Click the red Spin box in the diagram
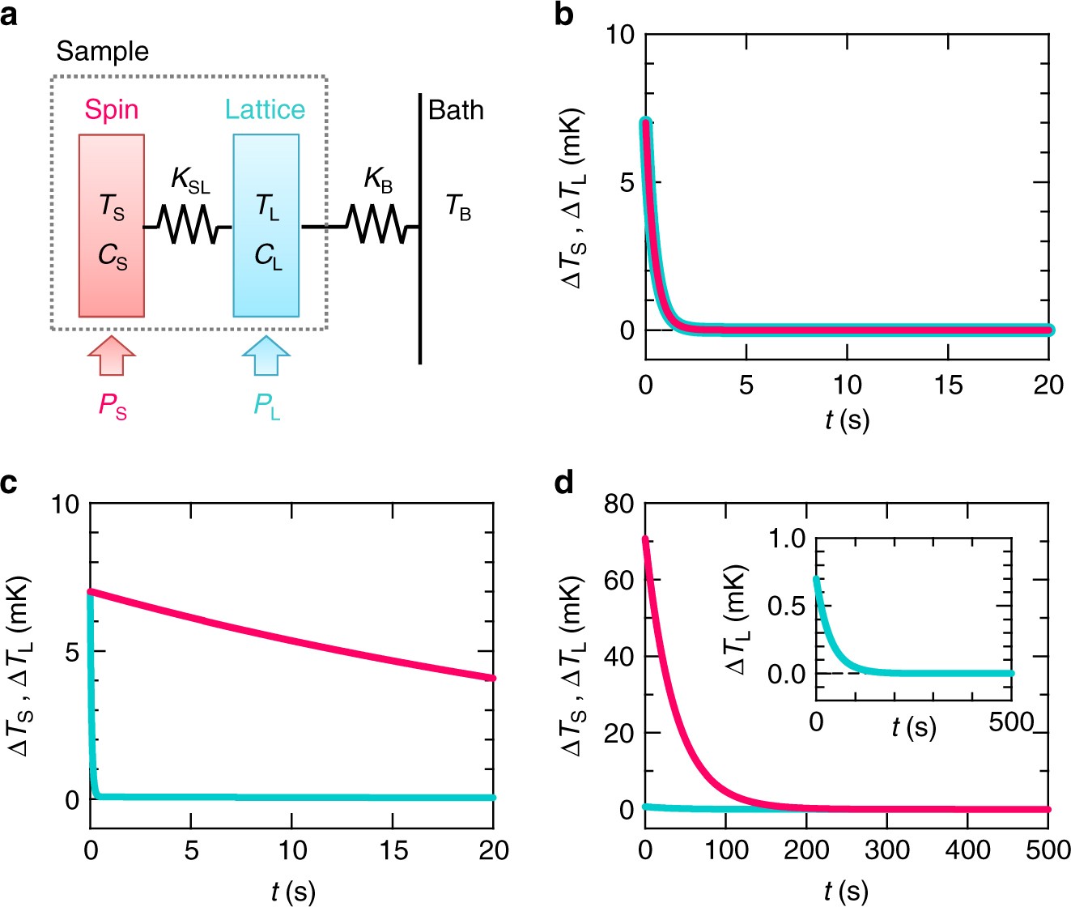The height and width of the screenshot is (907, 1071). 112,225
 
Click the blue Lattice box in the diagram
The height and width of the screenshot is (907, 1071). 266,225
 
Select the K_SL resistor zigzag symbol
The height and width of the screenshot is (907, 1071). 189,226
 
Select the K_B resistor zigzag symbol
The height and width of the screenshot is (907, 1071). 373,225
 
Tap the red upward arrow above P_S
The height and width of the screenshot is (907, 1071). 111,357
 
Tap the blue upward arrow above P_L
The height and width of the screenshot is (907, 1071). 266,357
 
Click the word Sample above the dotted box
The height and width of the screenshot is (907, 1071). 103,52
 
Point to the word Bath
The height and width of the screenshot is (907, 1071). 456,110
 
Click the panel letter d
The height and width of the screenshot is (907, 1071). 565,483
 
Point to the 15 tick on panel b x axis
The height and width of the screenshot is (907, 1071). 948,385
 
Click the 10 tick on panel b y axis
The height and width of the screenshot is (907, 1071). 621,35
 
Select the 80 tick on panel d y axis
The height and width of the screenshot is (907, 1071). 620,504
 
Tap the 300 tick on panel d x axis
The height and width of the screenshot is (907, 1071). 887,850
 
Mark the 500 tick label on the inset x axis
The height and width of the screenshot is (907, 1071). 1011,722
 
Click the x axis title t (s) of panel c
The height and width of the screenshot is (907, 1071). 292,892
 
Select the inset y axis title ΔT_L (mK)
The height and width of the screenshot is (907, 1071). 737,620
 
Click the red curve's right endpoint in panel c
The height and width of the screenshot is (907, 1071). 492,678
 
